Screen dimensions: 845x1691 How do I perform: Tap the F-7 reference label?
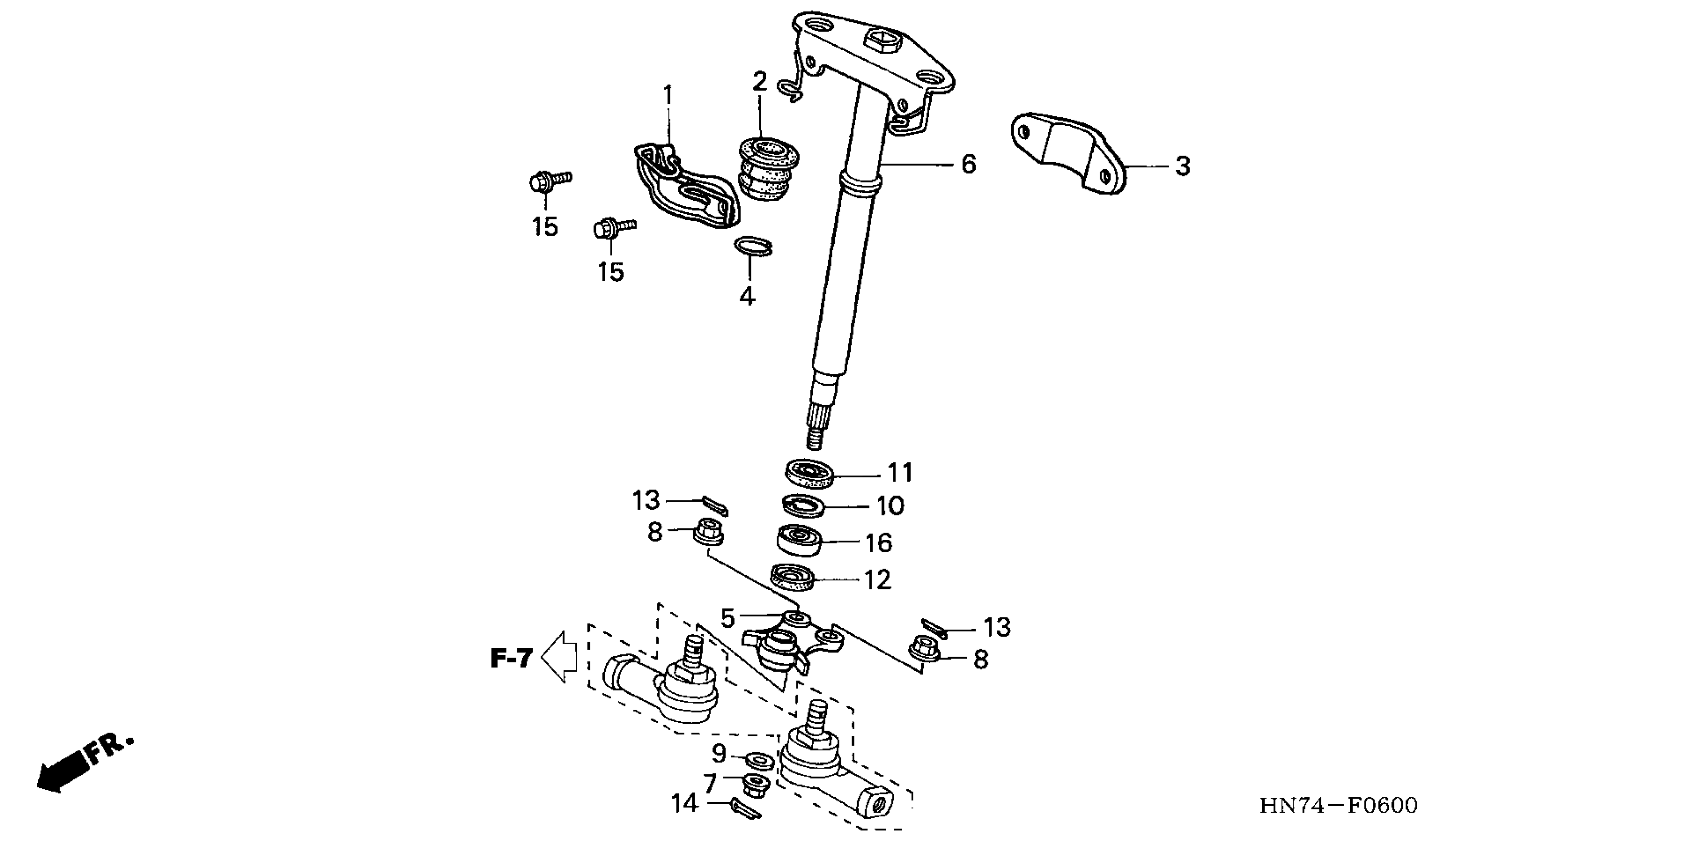[511, 658]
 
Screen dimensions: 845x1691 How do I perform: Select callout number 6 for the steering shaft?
[968, 164]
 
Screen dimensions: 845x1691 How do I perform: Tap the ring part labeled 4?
[752, 248]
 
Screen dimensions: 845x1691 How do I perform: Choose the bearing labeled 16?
[800, 540]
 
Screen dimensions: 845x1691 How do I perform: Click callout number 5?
[726, 618]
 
